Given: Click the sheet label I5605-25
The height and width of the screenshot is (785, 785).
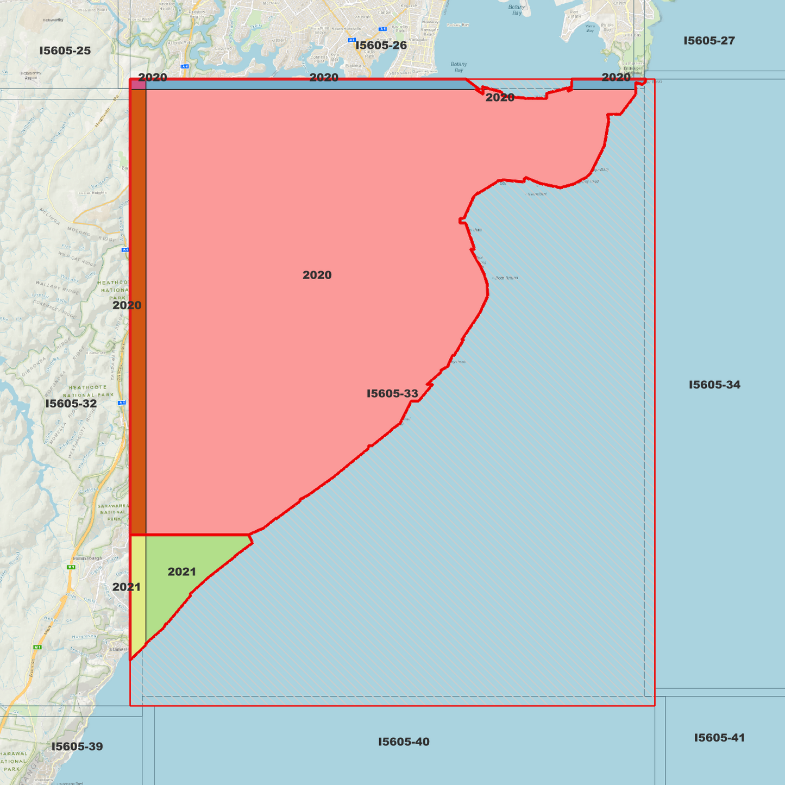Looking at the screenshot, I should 65,51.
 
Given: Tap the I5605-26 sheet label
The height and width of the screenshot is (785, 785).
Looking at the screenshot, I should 381,46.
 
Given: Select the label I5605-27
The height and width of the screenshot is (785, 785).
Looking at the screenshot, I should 709,41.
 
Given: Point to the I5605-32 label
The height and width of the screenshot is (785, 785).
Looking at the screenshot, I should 71,404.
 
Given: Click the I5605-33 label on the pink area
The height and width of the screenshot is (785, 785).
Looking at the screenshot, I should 392,393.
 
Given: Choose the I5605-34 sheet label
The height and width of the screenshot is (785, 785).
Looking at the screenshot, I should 714,385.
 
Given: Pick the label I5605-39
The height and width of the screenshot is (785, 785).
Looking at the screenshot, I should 77,746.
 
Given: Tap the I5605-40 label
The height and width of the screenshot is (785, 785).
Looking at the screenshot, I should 404,742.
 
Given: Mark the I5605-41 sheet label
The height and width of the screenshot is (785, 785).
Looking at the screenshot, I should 719,738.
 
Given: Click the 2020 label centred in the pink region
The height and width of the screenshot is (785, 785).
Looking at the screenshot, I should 317,275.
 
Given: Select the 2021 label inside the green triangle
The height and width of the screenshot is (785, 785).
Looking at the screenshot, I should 181,572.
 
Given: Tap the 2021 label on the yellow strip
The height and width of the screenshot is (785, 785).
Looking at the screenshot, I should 127,587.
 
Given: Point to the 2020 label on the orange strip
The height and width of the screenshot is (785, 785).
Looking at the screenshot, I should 127,305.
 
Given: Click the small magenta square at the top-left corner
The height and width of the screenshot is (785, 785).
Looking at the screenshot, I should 138,85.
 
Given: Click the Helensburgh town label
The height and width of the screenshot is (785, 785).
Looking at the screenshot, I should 87,558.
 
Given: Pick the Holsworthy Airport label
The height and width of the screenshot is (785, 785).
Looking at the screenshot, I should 31,76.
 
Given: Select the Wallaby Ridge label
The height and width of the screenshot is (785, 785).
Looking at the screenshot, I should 56,287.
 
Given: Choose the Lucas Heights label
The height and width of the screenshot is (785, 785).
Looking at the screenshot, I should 92,193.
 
